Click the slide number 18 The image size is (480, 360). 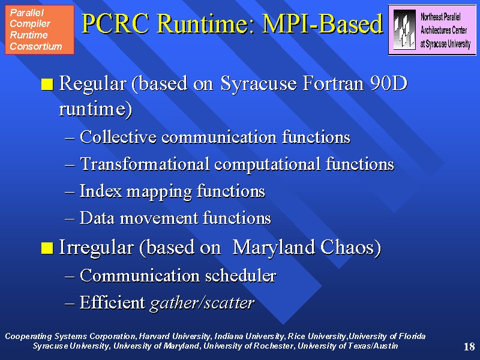(x=469, y=347)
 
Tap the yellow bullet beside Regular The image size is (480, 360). (x=47, y=84)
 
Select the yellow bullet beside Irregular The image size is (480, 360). (x=47, y=248)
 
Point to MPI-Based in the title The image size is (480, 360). (x=322, y=23)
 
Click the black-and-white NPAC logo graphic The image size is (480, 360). (x=404, y=29)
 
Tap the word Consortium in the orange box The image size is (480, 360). (x=36, y=46)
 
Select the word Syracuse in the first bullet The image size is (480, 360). (x=259, y=83)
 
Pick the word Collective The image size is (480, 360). (x=118, y=137)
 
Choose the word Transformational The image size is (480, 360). (x=145, y=164)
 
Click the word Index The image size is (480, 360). (x=101, y=191)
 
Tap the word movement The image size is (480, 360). (x=158, y=218)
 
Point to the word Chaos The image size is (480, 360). (x=350, y=247)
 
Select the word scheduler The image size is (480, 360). (x=241, y=275)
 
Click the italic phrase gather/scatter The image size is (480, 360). (x=202, y=303)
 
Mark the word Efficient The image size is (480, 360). (x=112, y=302)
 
